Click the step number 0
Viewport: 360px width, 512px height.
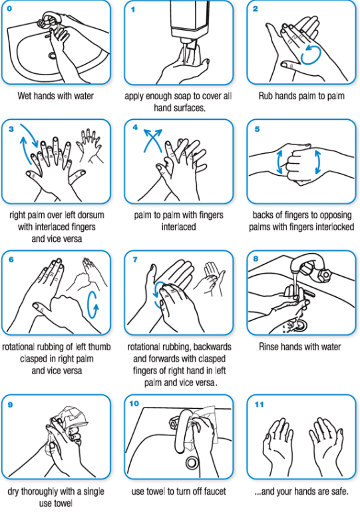tap(9, 9)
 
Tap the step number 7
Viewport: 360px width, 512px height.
tap(135, 260)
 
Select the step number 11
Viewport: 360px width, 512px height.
tap(259, 404)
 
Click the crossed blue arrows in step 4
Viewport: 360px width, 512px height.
tap(153, 140)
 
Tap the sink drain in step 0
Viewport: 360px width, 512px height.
tap(52, 56)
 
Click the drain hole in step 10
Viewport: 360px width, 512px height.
tap(192, 462)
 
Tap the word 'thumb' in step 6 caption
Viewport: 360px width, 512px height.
tap(100, 347)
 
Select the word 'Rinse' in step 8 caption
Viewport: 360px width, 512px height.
tap(268, 346)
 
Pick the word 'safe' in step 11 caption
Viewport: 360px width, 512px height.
tap(339, 491)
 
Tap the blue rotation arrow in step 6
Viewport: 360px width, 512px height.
tap(92, 305)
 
